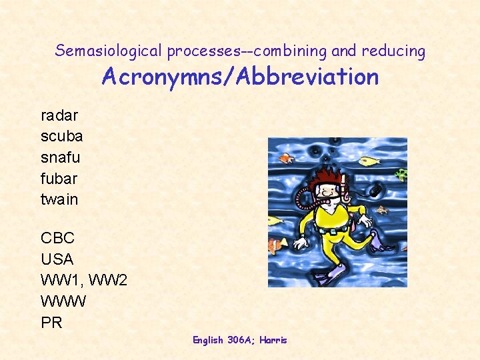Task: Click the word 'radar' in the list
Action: [x=59, y=115]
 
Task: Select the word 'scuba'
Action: [x=62, y=136]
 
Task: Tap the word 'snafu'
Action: [x=61, y=157]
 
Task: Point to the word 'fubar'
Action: [x=59, y=178]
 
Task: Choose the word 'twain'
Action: [x=59, y=199]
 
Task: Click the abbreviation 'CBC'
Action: [x=58, y=238]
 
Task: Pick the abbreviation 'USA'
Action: [x=57, y=259]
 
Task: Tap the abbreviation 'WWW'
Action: [x=63, y=301]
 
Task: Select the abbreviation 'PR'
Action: [x=51, y=323]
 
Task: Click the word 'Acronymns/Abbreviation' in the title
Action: [x=240, y=77]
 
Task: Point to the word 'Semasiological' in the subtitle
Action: [x=109, y=51]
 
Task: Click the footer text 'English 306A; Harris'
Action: [x=240, y=340]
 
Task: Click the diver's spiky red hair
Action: [x=325, y=177]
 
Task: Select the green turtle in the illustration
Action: [x=401, y=174]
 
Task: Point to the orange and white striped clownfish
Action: [x=275, y=245]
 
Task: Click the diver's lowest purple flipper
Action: [x=332, y=274]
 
